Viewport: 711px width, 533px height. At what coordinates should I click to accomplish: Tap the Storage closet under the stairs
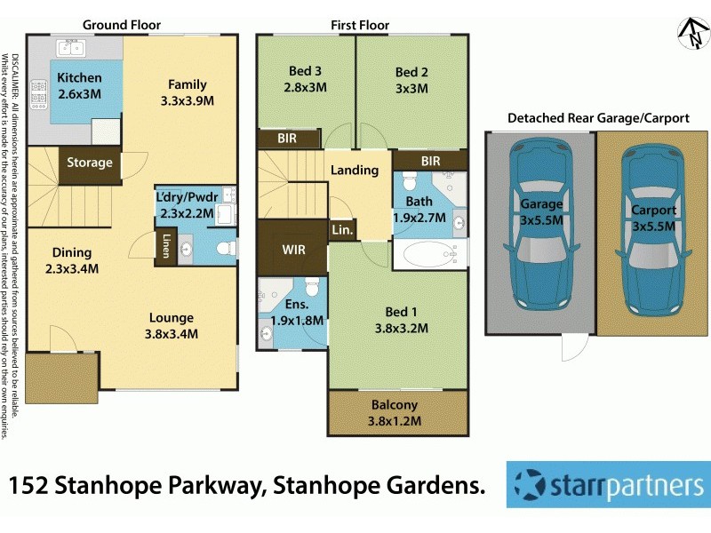tap(90, 163)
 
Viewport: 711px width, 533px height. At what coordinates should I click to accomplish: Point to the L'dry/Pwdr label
tap(184, 196)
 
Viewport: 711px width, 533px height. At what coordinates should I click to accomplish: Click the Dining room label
tap(71, 252)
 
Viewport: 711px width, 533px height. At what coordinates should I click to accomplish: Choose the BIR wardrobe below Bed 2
tap(430, 161)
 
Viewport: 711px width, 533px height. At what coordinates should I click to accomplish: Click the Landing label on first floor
tap(354, 170)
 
